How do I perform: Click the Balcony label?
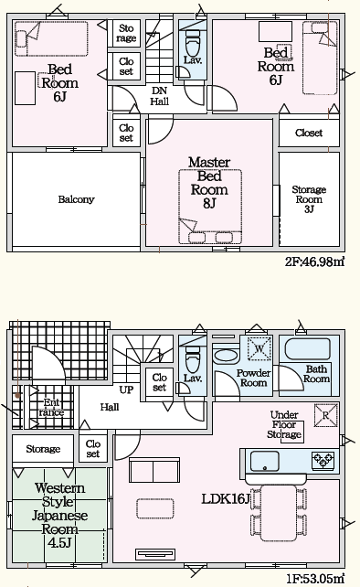click(x=76, y=199)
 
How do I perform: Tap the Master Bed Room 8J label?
click(x=209, y=182)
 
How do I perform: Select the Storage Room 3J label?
click(x=309, y=199)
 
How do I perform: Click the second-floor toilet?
click(x=193, y=43)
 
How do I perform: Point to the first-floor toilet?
click(x=193, y=359)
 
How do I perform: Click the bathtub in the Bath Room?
click(x=307, y=349)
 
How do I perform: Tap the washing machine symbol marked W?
click(x=259, y=348)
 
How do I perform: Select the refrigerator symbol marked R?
click(x=325, y=415)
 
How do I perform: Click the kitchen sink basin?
click(x=265, y=461)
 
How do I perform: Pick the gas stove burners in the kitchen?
click(x=323, y=460)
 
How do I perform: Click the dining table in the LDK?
click(x=279, y=513)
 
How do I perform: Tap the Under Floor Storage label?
click(x=284, y=424)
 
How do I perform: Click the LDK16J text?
click(x=226, y=498)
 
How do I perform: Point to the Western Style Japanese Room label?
click(x=59, y=515)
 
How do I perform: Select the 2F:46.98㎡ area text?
click(x=314, y=261)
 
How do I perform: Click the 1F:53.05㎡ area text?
click(x=315, y=579)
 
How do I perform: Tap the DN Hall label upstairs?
click(x=159, y=96)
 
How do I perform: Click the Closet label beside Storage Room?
click(x=308, y=133)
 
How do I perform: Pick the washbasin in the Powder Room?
click(x=225, y=356)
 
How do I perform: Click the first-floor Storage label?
click(x=43, y=449)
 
